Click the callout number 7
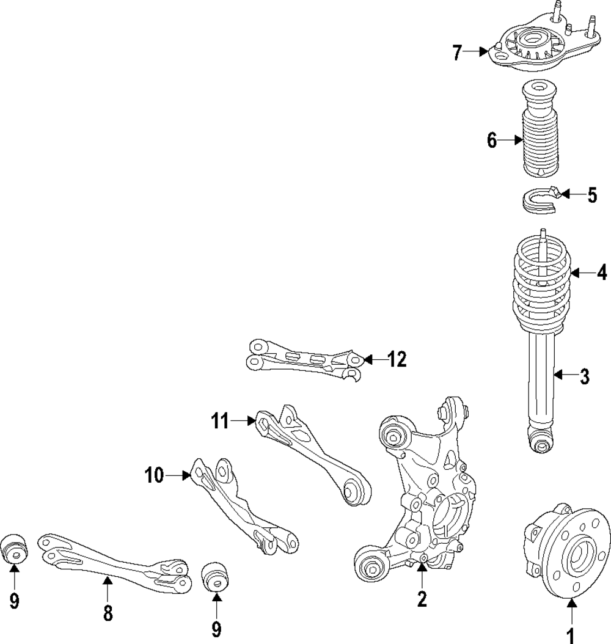[458, 53]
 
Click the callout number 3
[585, 376]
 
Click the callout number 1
[570, 635]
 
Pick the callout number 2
[422, 599]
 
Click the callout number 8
[108, 613]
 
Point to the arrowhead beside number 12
[367, 360]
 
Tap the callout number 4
[602, 271]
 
